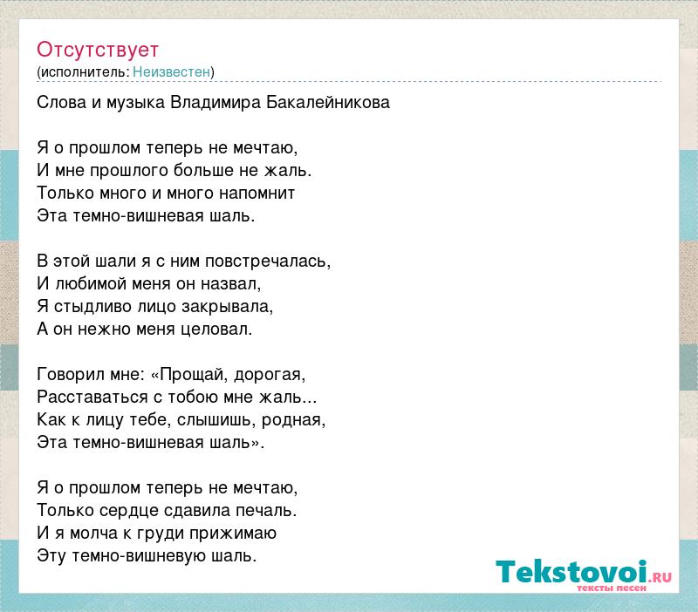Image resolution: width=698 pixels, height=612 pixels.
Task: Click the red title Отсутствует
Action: click(x=98, y=50)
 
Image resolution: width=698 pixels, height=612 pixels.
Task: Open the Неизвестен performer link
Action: click(x=171, y=71)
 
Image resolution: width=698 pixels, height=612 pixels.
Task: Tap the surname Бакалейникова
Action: click(x=328, y=103)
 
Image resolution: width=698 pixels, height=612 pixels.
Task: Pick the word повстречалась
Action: click(x=268, y=262)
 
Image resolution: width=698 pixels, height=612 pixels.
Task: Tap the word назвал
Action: click(x=230, y=283)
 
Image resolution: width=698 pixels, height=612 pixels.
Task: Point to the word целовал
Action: click(x=216, y=330)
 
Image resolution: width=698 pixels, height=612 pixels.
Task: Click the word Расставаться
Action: click(x=92, y=398)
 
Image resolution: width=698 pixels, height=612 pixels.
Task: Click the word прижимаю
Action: click(x=233, y=534)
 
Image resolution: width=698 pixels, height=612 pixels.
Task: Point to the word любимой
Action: click(x=91, y=283)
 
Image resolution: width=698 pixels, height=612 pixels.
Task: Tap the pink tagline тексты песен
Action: click(x=612, y=588)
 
